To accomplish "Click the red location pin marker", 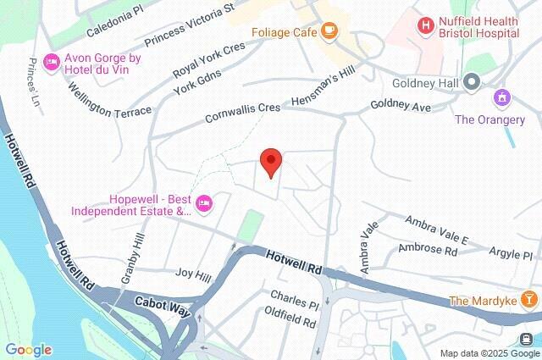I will coord(270,161).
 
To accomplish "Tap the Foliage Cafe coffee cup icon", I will coord(328,33).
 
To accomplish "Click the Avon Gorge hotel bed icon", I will coord(51,62).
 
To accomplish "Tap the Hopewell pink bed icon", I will coord(203,202).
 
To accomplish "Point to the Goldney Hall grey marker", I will coord(472,83).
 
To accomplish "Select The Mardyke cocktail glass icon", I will coord(529,299).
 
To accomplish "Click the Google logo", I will coord(28,350).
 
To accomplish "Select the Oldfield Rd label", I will coord(290,322).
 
